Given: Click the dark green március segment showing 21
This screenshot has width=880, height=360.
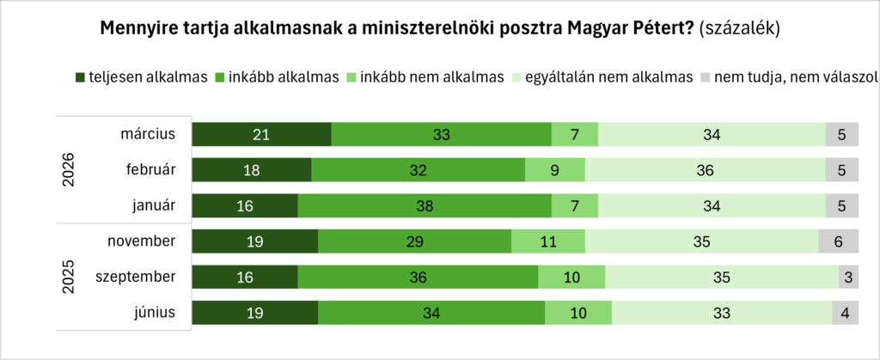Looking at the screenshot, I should click(261, 134).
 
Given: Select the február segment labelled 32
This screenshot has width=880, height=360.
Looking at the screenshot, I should click(418, 170).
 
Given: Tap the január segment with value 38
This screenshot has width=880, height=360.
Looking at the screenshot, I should click(425, 206).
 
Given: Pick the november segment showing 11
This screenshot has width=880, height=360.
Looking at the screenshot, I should click(547, 241).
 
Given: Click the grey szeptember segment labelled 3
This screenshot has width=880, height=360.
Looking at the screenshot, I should click(848, 278).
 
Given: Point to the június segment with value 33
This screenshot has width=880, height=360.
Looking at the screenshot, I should click(721, 313).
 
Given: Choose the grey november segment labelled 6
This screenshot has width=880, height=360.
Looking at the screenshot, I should click(838, 241).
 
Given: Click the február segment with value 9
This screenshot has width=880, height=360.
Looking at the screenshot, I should click(554, 170).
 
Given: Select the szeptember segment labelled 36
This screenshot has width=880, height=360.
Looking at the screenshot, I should click(418, 278).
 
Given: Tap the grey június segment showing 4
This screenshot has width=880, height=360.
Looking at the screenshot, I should click(845, 313).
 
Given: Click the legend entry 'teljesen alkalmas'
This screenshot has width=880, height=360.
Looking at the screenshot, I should click(142, 76).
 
